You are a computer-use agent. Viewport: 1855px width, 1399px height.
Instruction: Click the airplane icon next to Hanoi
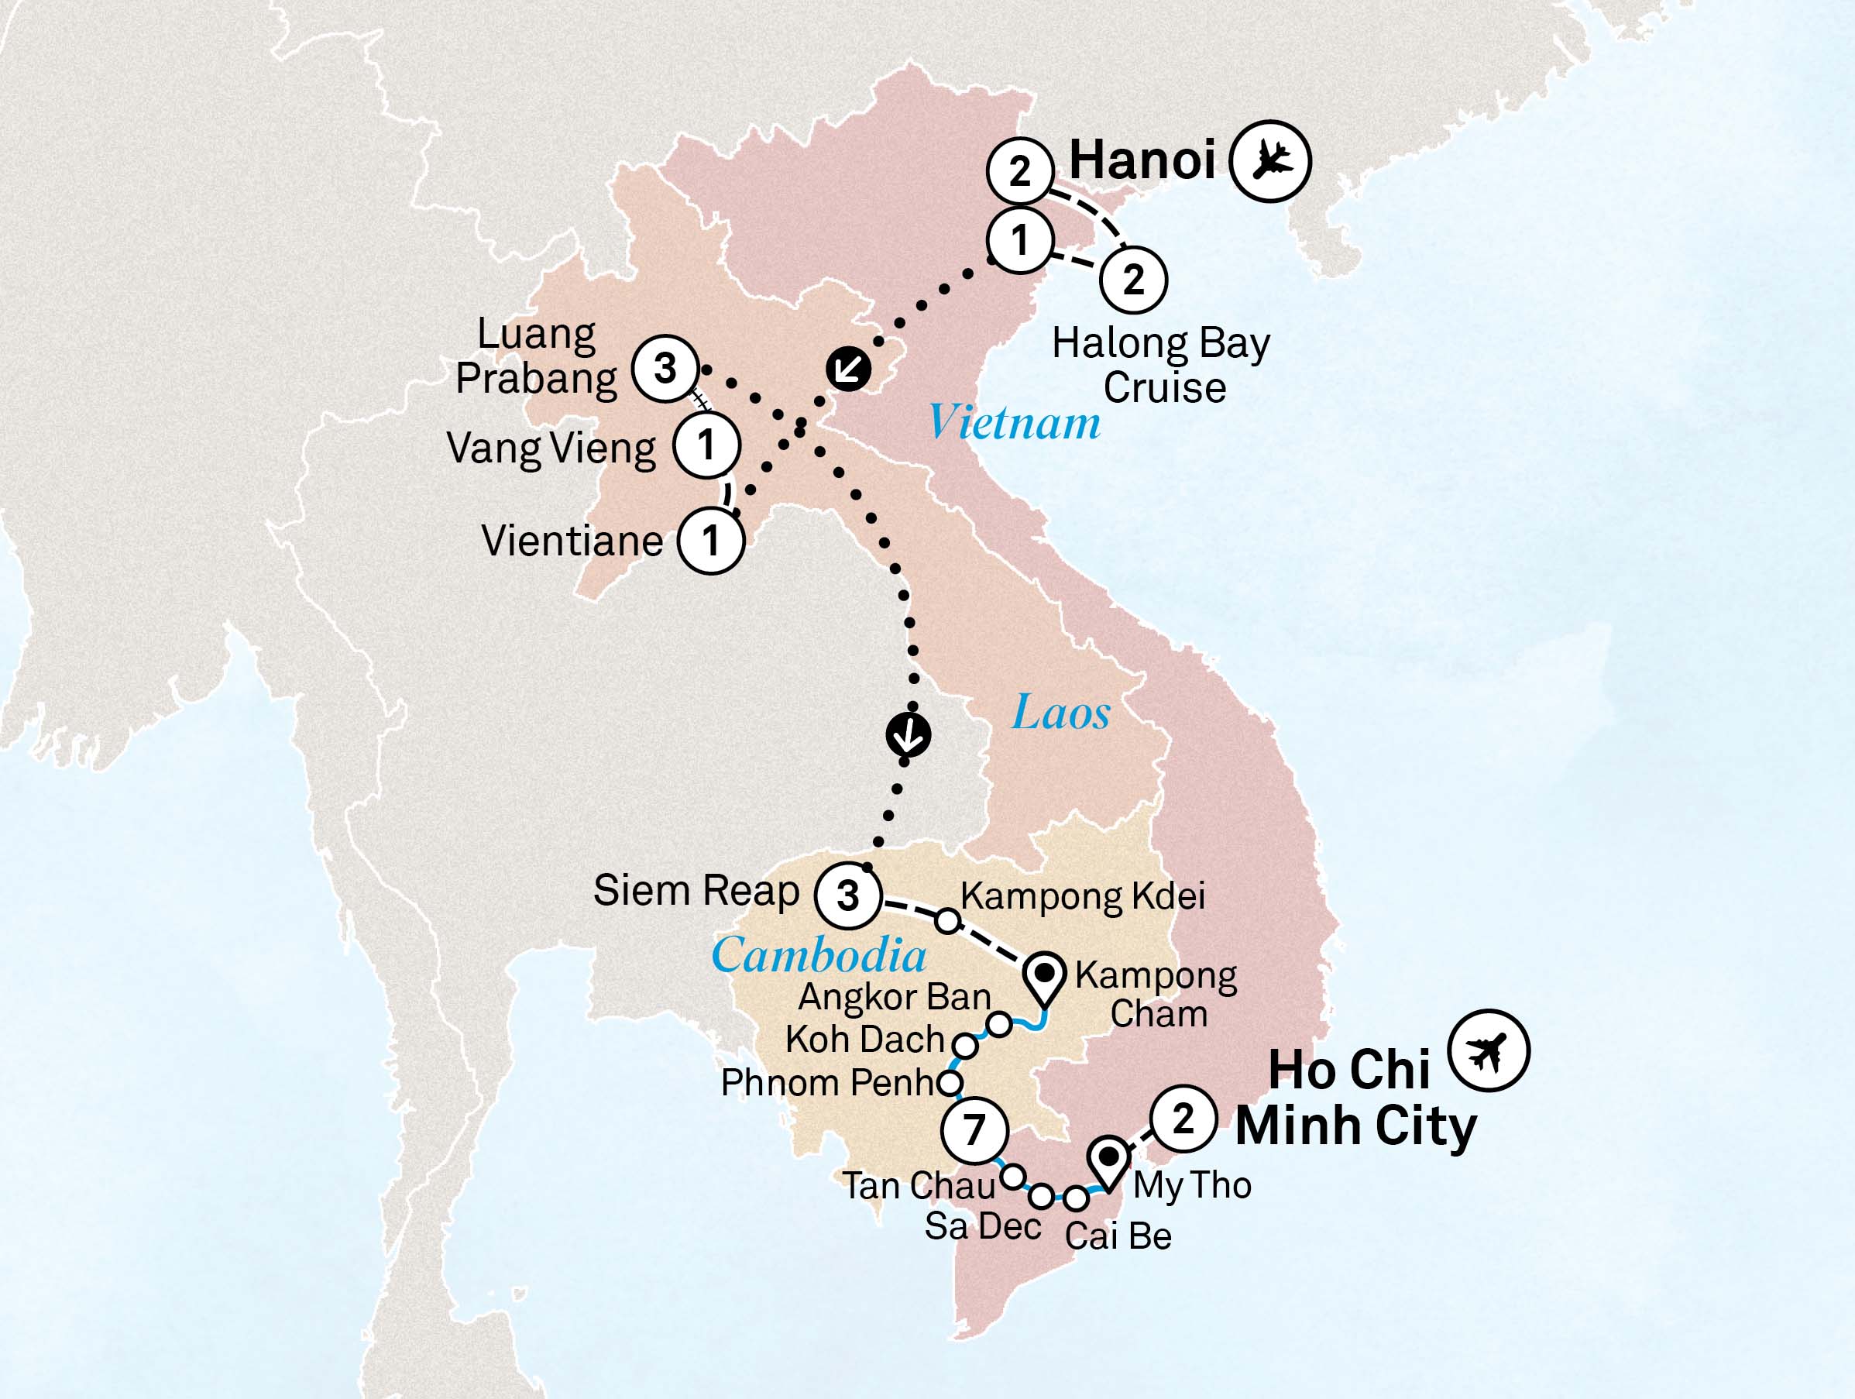pyautogui.click(x=1269, y=161)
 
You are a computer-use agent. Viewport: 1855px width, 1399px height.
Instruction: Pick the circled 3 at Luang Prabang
pyautogui.click(x=665, y=368)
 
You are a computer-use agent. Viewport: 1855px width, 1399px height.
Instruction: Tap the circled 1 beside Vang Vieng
pyautogui.click(x=706, y=445)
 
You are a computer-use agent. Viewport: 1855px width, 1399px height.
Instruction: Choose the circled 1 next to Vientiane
pyautogui.click(x=711, y=540)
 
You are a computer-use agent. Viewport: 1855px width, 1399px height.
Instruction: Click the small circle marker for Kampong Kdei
pyautogui.click(x=946, y=921)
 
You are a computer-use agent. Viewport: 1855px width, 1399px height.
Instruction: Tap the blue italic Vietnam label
pyautogui.click(x=1014, y=422)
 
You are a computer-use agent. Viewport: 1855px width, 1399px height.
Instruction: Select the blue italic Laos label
pyautogui.click(x=1061, y=713)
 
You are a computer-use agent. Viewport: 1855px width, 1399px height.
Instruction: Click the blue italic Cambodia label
pyautogui.click(x=819, y=955)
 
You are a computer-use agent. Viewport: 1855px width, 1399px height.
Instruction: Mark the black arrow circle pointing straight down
pyautogui.click(x=909, y=734)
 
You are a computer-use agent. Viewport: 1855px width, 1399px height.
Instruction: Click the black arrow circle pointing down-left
pyautogui.click(x=848, y=368)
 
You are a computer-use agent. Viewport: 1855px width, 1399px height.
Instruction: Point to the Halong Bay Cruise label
pyautogui.click(x=1162, y=365)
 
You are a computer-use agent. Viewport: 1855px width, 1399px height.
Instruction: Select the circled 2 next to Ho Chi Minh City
pyautogui.click(x=1183, y=1118)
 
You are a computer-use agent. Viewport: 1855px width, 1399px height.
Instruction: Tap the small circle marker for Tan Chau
pyautogui.click(x=1013, y=1177)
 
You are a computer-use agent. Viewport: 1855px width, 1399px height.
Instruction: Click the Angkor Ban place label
pyautogui.click(x=894, y=996)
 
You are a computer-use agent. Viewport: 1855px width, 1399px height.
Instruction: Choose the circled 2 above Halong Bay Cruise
pyautogui.click(x=1133, y=280)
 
